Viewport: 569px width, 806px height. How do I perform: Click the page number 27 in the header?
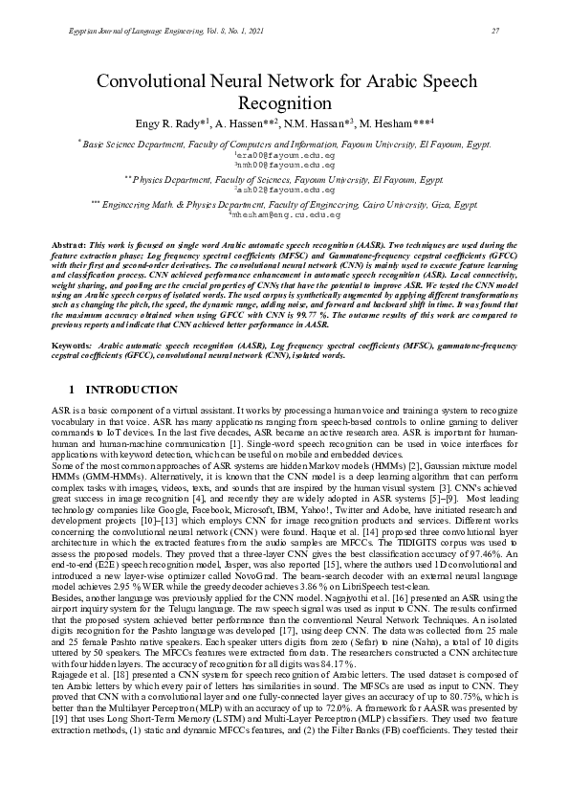(495, 33)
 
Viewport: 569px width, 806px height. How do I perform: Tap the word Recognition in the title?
(284, 103)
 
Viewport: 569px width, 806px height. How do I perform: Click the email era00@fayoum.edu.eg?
(286, 153)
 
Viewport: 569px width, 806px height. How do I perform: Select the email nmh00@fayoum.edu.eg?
(286, 163)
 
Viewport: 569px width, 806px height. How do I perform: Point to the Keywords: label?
(72, 343)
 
